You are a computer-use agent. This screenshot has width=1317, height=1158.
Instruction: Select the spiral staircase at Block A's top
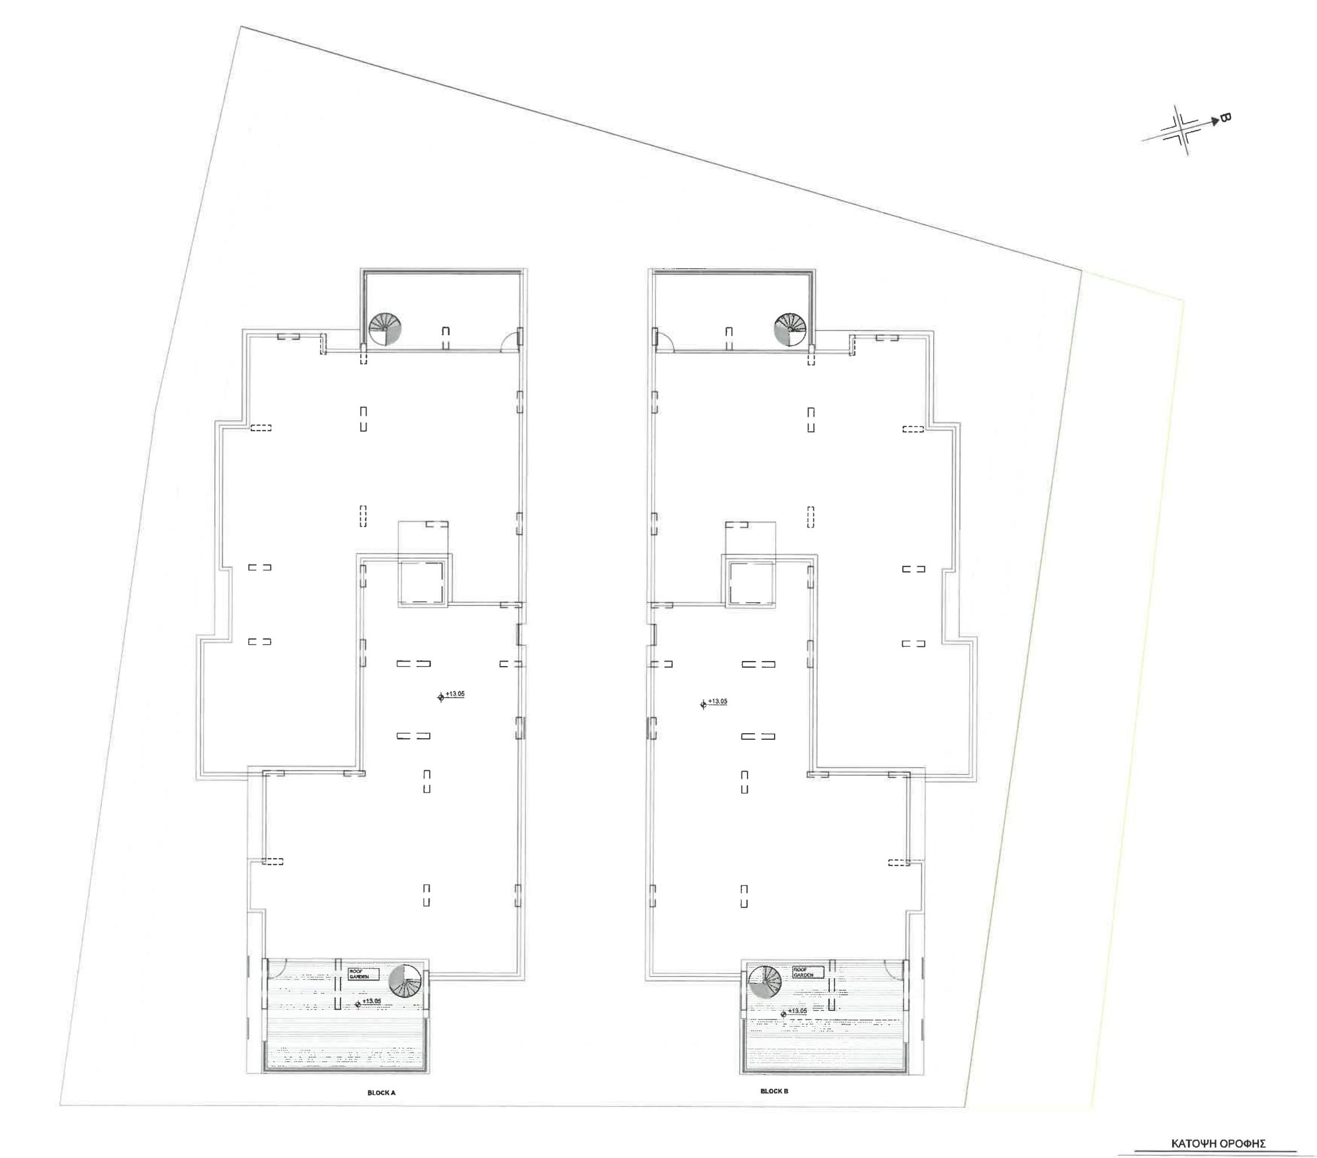coord(385,329)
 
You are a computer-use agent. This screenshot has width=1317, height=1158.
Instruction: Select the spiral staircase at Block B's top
coord(790,329)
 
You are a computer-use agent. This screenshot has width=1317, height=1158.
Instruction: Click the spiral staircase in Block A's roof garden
coord(405,981)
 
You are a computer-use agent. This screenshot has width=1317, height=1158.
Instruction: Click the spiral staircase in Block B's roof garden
coord(764,982)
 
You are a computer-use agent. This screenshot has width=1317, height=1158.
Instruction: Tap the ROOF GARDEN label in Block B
coord(808,972)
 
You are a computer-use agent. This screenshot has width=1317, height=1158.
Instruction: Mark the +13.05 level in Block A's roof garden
coord(370,1001)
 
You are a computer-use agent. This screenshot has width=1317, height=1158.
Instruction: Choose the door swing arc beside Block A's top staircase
coord(510,341)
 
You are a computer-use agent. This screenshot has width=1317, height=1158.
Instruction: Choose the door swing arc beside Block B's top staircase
coord(664,342)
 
